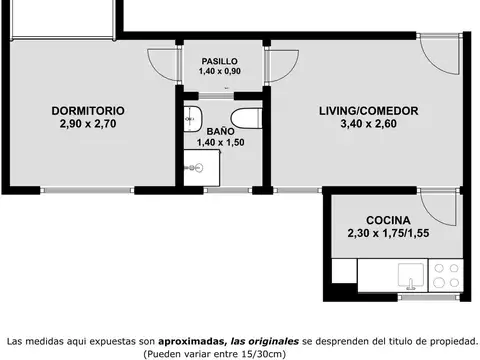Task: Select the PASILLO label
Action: pyautogui.click(x=219, y=61)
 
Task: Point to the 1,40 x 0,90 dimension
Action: pyautogui.click(x=219, y=72)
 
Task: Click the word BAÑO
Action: pyautogui.click(x=221, y=131)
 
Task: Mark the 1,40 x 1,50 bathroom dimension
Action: pyautogui.click(x=221, y=143)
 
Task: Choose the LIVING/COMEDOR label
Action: pyautogui.click(x=368, y=110)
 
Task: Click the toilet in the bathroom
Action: pyautogui.click(x=252, y=119)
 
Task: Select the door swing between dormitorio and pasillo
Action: pyautogui.click(x=160, y=61)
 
